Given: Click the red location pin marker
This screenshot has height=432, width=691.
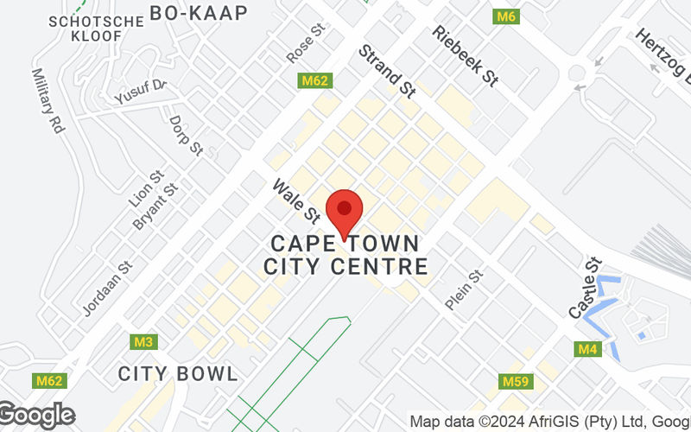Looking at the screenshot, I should [345, 210].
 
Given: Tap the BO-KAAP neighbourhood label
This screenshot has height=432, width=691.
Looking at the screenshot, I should [199, 12].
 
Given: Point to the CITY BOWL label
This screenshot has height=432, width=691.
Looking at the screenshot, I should [178, 374].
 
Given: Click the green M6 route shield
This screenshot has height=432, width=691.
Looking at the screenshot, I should [505, 16].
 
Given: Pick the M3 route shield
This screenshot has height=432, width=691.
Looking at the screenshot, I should [144, 342].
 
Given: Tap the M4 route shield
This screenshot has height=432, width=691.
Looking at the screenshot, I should [588, 349].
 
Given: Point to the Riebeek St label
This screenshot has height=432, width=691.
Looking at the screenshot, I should [466, 55].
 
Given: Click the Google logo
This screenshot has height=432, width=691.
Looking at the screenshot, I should [36, 416].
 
